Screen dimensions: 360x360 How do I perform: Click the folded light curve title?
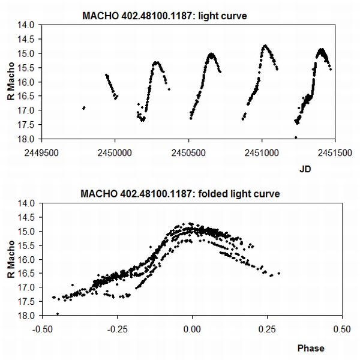pyautogui.click(x=179, y=194)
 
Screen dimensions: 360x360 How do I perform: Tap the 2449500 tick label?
pyautogui.click(x=42, y=151)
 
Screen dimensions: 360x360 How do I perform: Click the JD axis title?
pyautogui.click(x=305, y=170)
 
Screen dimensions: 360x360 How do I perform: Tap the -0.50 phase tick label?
pyautogui.click(x=42, y=329)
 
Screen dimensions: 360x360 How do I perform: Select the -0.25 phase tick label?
pyautogui.click(x=116, y=329)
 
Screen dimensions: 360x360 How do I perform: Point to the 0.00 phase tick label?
pyautogui.click(x=192, y=329)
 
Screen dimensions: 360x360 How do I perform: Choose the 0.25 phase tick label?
pyautogui.click(x=267, y=329)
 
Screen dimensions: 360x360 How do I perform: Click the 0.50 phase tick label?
pyautogui.click(x=341, y=329)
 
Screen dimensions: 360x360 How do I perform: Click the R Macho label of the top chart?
pyautogui.click(x=11, y=82)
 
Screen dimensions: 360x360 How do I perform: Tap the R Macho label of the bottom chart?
pyautogui.click(x=11, y=259)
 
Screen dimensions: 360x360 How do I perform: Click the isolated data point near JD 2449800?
pyautogui.click(x=83, y=108)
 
